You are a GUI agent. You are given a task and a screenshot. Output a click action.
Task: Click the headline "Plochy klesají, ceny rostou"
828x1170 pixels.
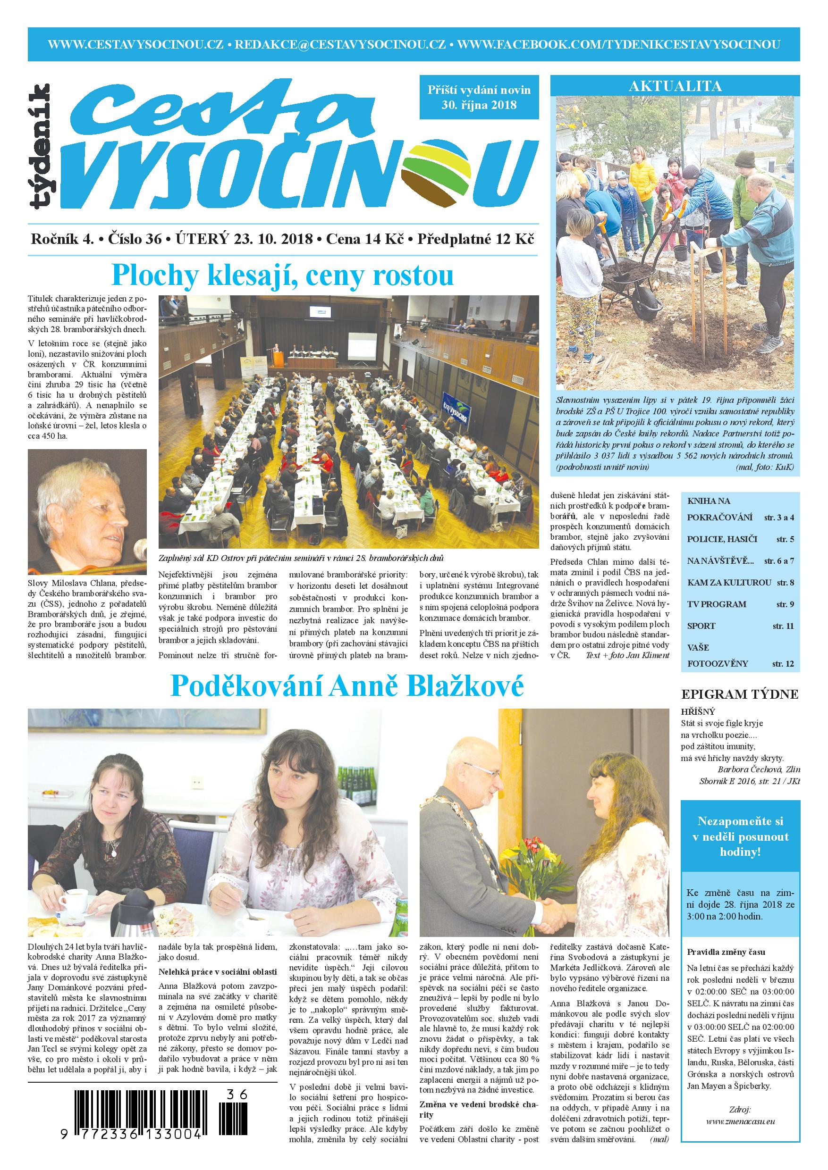pos(283,276)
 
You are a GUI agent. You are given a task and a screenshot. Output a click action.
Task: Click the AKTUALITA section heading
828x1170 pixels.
pos(675,85)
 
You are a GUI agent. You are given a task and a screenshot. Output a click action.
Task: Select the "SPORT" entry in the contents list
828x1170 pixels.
pos(701,626)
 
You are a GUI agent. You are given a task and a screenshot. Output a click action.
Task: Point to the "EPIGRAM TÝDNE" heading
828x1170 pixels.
pos(740,694)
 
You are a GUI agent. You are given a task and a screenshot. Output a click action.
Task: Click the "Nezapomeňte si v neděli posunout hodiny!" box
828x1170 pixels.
pos(740,836)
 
